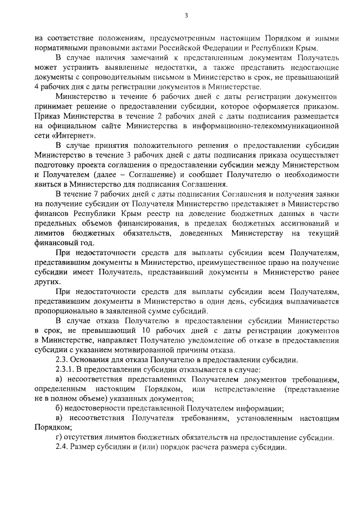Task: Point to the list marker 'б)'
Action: point(60,409)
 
